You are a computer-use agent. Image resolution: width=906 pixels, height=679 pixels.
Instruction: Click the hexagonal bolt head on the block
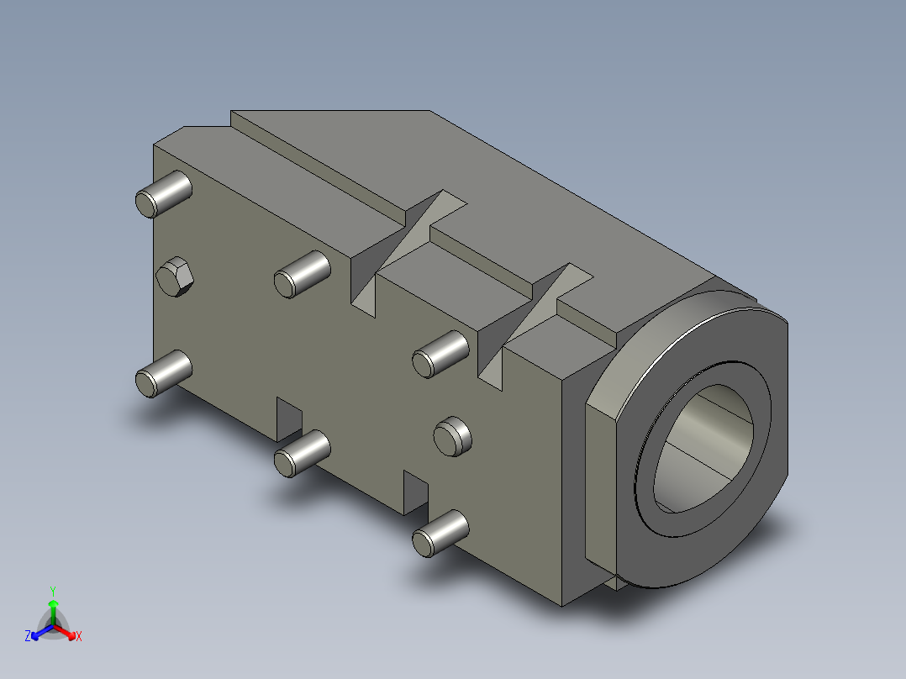[175, 276]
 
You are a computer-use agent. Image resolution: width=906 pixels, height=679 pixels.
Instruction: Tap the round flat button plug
[452, 436]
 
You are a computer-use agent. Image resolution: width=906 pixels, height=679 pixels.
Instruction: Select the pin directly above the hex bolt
[164, 194]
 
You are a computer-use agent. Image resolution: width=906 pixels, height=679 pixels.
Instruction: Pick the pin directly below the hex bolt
[164, 373]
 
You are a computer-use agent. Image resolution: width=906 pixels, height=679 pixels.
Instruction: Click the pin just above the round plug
[440, 355]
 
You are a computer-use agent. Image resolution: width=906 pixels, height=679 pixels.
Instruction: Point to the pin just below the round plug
[440, 534]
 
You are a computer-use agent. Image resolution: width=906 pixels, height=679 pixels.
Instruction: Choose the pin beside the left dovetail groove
[303, 275]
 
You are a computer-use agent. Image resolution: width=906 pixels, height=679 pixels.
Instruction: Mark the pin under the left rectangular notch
[303, 454]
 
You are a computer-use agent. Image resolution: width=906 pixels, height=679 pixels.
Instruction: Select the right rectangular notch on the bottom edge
[416, 492]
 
